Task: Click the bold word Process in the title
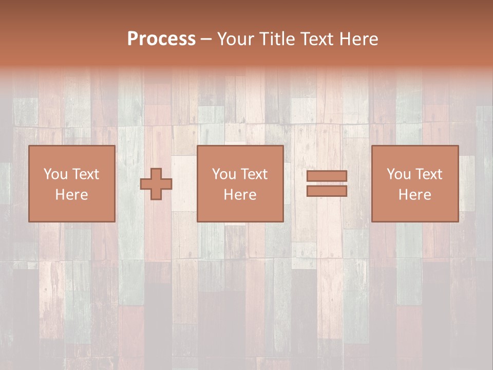(161, 39)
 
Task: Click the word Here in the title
(359, 39)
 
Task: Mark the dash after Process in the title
(206, 40)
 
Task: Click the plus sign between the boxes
(156, 184)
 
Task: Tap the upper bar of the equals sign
(327, 176)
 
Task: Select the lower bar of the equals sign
(327, 191)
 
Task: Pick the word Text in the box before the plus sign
(85, 174)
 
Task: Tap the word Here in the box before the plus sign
(71, 195)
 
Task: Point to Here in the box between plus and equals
(240, 195)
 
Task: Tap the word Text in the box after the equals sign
(428, 174)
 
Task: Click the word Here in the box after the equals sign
(414, 195)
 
